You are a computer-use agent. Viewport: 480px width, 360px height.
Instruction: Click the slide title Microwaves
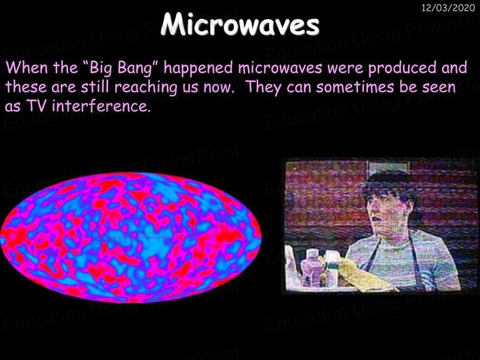click(240, 24)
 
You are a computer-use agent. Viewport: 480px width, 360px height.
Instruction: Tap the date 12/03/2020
click(448, 7)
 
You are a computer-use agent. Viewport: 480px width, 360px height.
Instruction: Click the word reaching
click(146, 87)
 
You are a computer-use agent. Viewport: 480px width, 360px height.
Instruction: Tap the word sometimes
click(355, 87)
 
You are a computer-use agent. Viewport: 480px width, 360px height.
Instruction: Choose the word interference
click(102, 106)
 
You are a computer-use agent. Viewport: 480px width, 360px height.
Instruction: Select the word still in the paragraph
click(95, 87)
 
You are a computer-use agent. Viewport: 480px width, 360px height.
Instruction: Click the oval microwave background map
click(131, 237)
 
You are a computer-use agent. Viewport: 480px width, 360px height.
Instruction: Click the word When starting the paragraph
click(27, 68)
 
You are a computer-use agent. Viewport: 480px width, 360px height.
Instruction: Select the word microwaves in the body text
click(280, 68)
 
